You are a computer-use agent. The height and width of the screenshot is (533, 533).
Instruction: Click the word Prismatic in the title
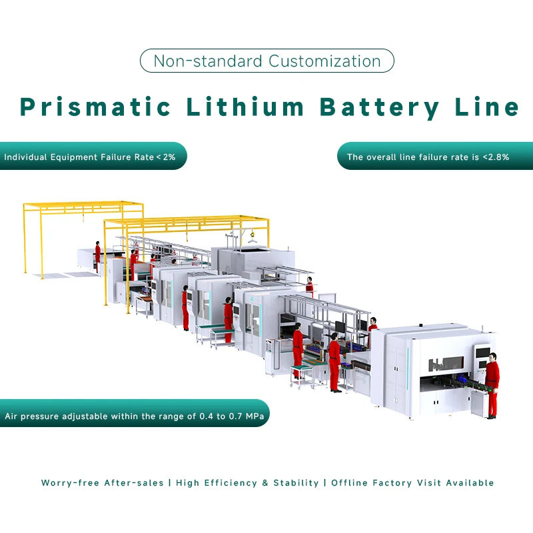[93, 107]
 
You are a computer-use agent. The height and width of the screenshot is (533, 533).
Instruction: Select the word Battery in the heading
[380, 107]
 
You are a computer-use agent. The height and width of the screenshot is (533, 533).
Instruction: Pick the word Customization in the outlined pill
[324, 61]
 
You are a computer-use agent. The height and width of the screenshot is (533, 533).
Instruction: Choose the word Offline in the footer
[350, 482]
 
